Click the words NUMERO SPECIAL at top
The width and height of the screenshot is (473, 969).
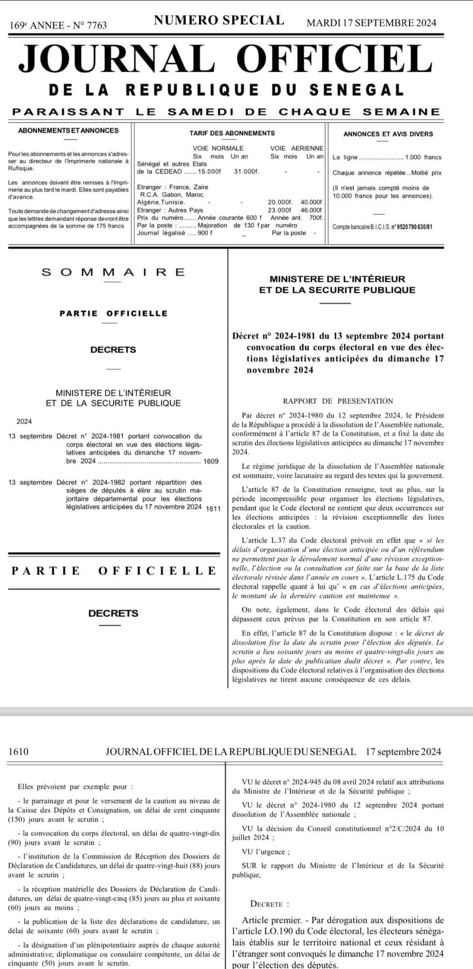pyautogui.click(x=219, y=20)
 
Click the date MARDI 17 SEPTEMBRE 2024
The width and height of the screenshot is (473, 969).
pyautogui.click(x=371, y=23)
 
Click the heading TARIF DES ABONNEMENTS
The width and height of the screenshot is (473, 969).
pyautogui.click(x=232, y=133)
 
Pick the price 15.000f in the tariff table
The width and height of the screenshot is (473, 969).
pyautogui.click(x=211, y=172)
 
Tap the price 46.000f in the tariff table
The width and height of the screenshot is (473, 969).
pyautogui.click(x=311, y=210)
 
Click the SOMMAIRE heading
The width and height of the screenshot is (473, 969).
pyautogui.click(x=114, y=272)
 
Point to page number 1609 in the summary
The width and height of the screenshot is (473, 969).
pyautogui.click(x=211, y=461)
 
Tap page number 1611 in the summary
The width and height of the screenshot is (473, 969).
pyautogui.click(x=213, y=508)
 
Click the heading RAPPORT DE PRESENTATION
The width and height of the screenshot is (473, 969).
pyautogui.click(x=338, y=401)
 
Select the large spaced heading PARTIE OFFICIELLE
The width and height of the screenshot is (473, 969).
pyautogui.click(x=114, y=570)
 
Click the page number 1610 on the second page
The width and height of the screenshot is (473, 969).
pyautogui.click(x=18, y=752)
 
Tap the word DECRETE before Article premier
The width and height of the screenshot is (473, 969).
pyautogui.click(x=270, y=904)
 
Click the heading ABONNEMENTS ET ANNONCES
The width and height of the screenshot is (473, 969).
pyautogui.click(x=68, y=130)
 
